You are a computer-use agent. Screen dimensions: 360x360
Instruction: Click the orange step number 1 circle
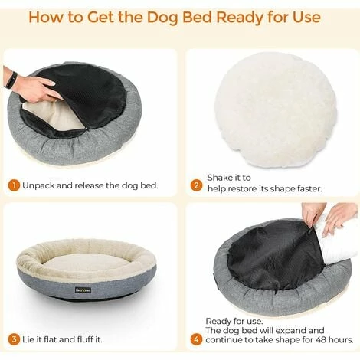tap(14, 185)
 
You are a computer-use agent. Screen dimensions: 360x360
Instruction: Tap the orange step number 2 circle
tap(196, 185)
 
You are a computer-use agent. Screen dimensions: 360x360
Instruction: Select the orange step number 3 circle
tap(14, 339)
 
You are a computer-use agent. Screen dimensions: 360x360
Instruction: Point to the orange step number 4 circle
tap(196, 339)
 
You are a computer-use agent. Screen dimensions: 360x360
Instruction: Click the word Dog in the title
tap(162, 18)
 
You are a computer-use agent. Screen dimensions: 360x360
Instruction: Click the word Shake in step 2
tap(220, 178)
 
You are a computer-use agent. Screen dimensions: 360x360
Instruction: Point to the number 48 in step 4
tap(321, 340)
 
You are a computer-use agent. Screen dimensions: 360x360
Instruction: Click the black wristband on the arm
tap(11, 80)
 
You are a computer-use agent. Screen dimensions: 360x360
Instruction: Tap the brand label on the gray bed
tap(83, 290)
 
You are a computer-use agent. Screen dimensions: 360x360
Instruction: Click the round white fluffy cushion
tap(276, 110)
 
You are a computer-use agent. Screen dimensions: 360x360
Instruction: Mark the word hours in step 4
tap(341, 340)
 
